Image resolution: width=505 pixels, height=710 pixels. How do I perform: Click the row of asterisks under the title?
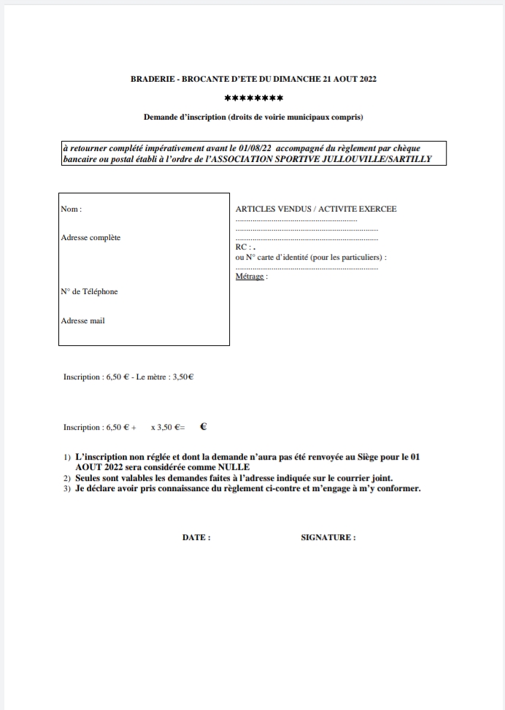pos(253,99)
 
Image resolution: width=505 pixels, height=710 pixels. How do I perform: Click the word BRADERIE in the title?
pos(150,79)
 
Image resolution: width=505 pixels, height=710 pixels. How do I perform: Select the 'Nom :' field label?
pos(71,209)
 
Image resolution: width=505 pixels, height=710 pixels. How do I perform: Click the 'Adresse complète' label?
pos(90,237)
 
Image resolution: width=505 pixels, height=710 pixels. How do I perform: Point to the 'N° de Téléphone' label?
pos(89,292)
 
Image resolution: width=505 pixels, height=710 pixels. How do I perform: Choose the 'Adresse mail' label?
pos(82,320)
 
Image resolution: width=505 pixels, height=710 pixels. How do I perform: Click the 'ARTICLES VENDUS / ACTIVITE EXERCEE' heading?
pos(316,209)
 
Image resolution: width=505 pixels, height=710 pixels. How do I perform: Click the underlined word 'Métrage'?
pos(249,277)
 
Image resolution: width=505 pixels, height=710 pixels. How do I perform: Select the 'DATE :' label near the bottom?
pos(196,537)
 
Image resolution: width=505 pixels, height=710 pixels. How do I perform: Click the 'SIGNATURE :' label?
pos(328,537)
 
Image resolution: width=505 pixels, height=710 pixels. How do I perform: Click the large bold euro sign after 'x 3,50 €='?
pos(204,428)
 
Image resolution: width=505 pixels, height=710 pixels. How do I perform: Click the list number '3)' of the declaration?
pos(66,488)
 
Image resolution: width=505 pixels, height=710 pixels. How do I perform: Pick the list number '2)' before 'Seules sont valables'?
pos(66,478)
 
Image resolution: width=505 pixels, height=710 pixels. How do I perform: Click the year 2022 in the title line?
pos(367,79)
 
